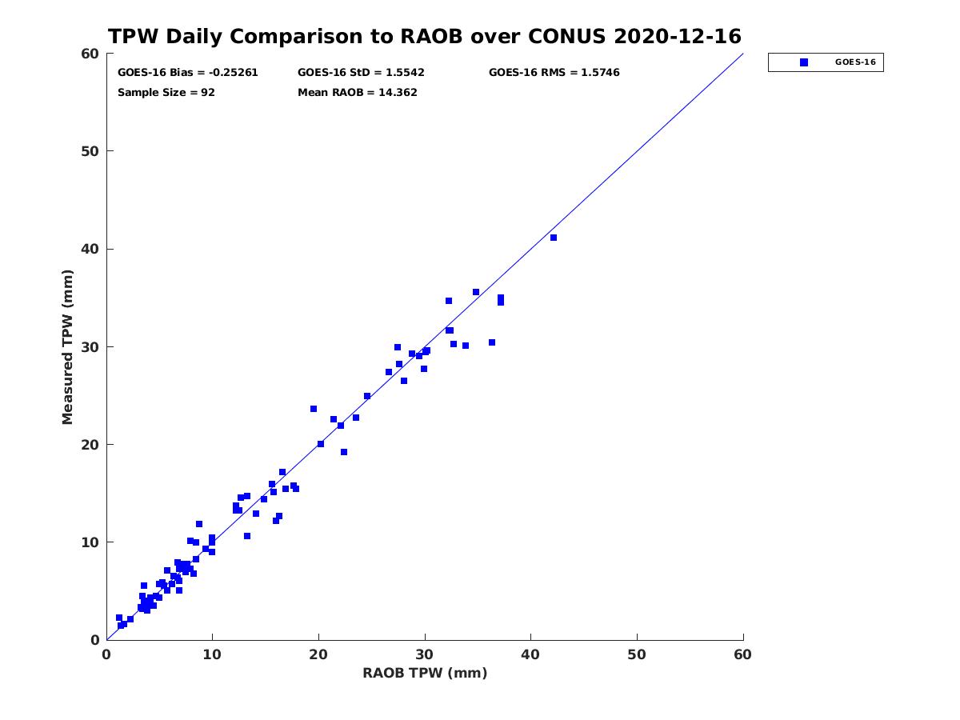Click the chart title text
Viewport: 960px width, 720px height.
pos(424,36)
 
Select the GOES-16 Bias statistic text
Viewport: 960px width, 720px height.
pos(188,73)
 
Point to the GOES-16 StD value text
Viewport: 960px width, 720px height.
pos(361,73)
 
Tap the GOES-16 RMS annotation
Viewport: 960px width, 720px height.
pos(554,73)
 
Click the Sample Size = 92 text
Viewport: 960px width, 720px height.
pos(166,93)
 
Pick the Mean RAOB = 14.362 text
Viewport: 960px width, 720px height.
pos(358,93)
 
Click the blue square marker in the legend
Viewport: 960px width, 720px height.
pos(804,62)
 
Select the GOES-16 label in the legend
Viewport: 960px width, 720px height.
pos(855,62)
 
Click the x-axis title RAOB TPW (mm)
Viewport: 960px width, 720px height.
pos(425,673)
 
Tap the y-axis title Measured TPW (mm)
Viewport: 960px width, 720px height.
pos(67,346)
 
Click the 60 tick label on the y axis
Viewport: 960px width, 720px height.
pos(90,54)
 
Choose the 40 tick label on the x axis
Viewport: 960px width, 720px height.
pos(530,654)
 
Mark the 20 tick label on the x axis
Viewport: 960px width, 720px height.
pos(318,654)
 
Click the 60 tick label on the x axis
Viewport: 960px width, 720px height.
pos(742,654)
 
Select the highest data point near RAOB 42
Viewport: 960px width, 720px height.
pos(554,238)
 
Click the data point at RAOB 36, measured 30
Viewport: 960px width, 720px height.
pos(491,342)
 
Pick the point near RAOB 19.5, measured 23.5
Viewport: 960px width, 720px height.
pos(313,409)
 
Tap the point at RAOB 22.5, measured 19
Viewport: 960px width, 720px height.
pos(344,452)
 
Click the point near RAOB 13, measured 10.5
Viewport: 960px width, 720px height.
pos(246,536)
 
